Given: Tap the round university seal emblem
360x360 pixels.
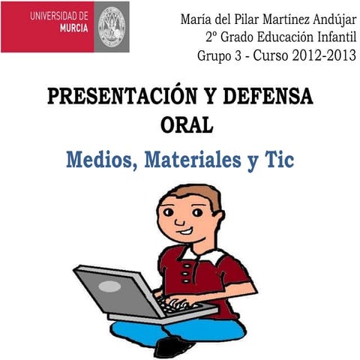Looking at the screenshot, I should [113, 26].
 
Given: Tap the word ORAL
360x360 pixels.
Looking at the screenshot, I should [187, 124].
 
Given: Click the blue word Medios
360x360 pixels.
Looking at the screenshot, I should [100, 160].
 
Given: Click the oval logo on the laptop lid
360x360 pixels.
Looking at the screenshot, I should [109, 286].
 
